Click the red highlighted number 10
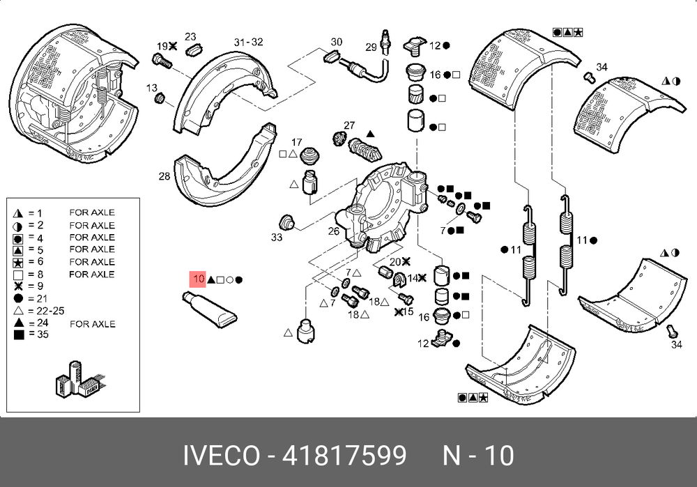pyautogui.click(x=199, y=279)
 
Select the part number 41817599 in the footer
pyautogui.click(x=344, y=456)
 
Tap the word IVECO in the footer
pyautogui.click(x=221, y=456)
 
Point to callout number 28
pyautogui.click(x=164, y=176)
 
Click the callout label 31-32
pyautogui.click(x=248, y=42)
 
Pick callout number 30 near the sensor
pyautogui.click(x=337, y=42)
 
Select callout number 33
pyautogui.click(x=277, y=238)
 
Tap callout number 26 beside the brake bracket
pyautogui.click(x=334, y=231)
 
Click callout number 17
pyautogui.click(x=297, y=141)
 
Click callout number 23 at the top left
pyautogui.click(x=190, y=37)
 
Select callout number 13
pyautogui.click(x=151, y=87)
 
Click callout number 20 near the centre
pyautogui.click(x=395, y=261)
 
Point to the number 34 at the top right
pyautogui.click(x=602, y=67)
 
